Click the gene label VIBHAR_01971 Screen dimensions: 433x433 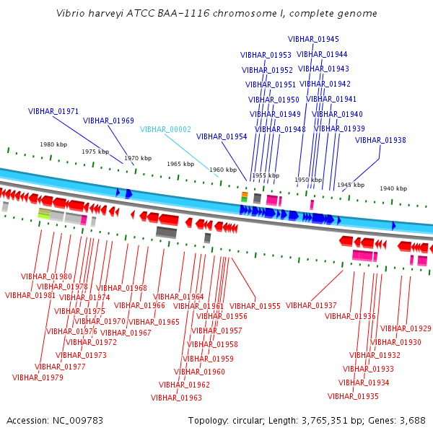tap(53, 111)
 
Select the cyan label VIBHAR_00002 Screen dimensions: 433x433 tap(165, 129)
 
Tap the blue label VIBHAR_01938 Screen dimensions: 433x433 tap(380, 140)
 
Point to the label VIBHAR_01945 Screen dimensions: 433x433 tap(313, 39)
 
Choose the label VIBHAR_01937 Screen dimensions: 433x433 tap(311, 305)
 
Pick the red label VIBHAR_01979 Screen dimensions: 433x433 tap(38, 377)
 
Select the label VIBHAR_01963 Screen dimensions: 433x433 tap(176, 398)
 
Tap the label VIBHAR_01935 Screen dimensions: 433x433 tap(353, 396)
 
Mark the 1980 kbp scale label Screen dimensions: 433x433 tap(53, 144)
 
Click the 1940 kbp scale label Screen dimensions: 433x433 tap(393, 188)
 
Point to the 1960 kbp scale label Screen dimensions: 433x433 tap(222, 170)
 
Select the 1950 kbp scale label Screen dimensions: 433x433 tap(307, 180)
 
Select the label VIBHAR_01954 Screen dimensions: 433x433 tap(222, 136)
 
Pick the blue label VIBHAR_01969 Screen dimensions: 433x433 tap(108, 121)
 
